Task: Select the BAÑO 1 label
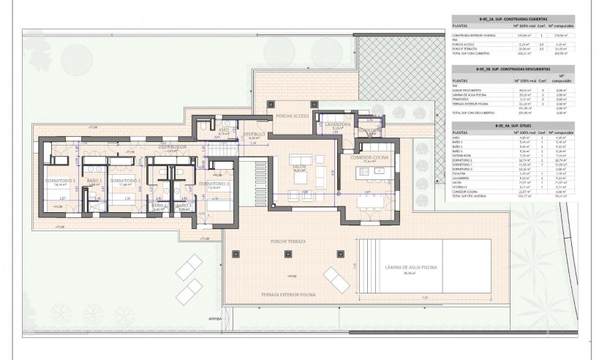pos(93,181)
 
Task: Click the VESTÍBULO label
pos(255,134)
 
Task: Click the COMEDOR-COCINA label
pos(372,157)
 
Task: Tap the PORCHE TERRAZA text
pos(287,240)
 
